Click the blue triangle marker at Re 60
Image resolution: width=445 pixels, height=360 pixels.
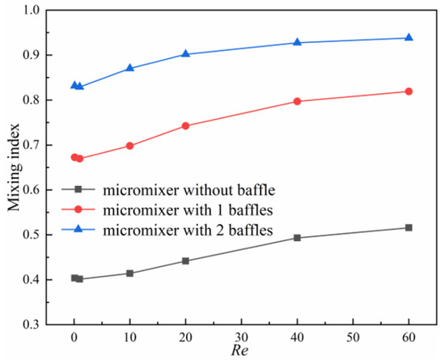[x=409, y=38]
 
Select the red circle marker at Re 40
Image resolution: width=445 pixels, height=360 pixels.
[x=297, y=101]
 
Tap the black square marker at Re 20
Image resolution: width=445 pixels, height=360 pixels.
[x=185, y=260]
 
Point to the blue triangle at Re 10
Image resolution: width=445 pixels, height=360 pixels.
[x=129, y=68]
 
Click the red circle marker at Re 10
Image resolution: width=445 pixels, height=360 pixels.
[x=129, y=146]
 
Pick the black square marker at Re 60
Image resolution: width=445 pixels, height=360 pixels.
[x=409, y=227]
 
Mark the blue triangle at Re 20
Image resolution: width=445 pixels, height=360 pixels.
[x=185, y=53]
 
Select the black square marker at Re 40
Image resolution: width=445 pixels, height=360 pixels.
[x=297, y=238]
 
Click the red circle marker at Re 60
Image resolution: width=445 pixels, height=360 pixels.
[x=409, y=91]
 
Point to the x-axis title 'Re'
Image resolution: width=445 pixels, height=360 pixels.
[x=241, y=351]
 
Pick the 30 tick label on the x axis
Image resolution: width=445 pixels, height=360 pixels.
[x=241, y=337]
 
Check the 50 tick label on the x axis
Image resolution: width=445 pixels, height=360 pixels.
[x=353, y=337]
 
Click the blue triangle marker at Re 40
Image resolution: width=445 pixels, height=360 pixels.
[x=297, y=42]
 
